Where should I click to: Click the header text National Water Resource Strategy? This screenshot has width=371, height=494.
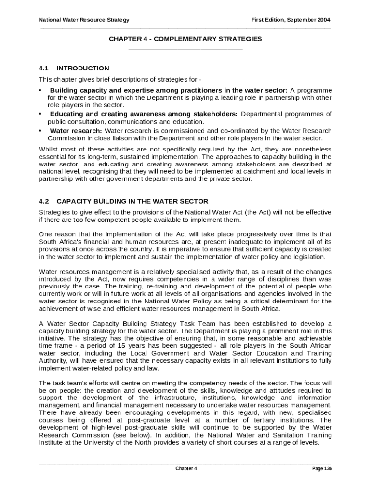tap(84, 20)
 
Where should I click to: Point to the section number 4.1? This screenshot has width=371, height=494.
tap(44, 68)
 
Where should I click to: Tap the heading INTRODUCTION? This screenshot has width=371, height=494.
tap(83, 68)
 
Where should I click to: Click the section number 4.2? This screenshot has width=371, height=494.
tap(44, 201)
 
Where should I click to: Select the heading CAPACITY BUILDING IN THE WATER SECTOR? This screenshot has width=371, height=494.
tap(132, 201)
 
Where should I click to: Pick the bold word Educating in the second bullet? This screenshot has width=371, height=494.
tap(68, 114)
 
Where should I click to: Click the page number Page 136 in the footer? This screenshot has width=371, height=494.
tap(322, 469)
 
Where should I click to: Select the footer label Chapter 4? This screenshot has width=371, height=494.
tap(186, 469)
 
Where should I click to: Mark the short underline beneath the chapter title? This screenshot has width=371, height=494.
tap(185, 48)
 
